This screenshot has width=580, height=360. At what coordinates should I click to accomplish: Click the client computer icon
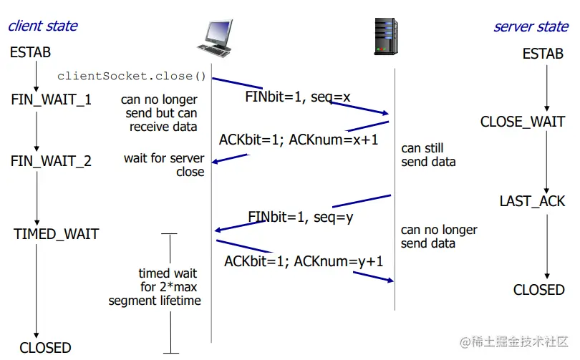pyautogui.click(x=215, y=37)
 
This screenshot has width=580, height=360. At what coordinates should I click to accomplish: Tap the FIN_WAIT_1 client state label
pyautogui.click(x=52, y=99)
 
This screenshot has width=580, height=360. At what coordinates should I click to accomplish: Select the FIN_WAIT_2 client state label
pyautogui.click(x=51, y=161)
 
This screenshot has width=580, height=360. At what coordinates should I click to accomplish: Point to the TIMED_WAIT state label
pyautogui.click(x=56, y=234)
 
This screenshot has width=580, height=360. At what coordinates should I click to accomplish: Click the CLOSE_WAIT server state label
pyautogui.click(x=523, y=122)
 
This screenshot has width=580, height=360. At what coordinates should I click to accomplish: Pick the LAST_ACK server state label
pyautogui.click(x=532, y=201)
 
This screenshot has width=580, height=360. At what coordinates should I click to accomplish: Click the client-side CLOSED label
pyautogui.click(x=45, y=348)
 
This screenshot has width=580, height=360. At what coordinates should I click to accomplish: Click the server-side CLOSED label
pyautogui.click(x=539, y=290)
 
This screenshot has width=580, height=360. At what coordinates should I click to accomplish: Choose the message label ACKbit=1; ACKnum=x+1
pyautogui.click(x=299, y=140)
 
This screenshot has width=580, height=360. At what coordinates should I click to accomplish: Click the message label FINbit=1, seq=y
pyautogui.click(x=301, y=217)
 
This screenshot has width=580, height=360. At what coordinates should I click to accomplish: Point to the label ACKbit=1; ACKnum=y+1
pyautogui.click(x=304, y=261)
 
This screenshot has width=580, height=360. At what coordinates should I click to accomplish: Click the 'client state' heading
pyautogui.click(x=43, y=26)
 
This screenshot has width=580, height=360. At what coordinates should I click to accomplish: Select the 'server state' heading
pyautogui.click(x=531, y=27)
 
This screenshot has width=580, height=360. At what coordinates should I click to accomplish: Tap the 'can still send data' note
pyautogui.click(x=429, y=155)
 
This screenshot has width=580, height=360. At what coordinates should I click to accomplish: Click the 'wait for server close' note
pyautogui.click(x=164, y=165)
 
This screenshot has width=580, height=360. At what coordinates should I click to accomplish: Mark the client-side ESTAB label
pyautogui.click(x=31, y=53)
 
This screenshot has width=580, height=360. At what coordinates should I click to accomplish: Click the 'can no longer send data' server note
pyautogui.click(x=439, y=237)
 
